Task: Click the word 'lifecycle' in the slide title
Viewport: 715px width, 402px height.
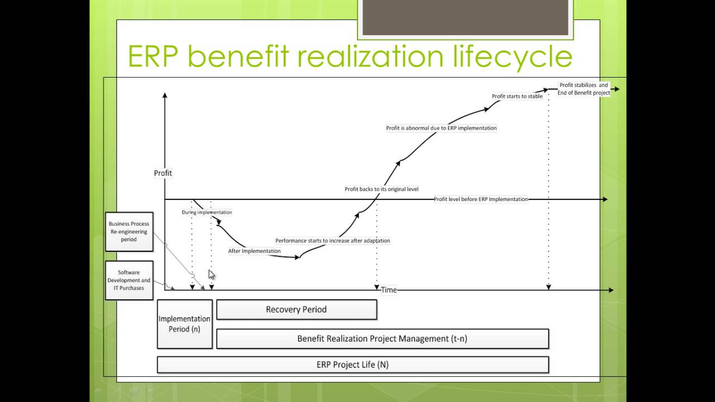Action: (507, 56)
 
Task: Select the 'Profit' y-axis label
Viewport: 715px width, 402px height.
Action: (163, 173)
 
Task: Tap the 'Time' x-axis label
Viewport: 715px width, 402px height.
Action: (389, 290)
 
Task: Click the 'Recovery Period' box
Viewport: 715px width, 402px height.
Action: (296, 309)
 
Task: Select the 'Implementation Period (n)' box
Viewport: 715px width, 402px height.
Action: (184, 324)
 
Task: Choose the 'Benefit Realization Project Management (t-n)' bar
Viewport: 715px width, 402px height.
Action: (382, 338)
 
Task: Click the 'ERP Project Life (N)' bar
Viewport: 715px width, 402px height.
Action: (352, 365)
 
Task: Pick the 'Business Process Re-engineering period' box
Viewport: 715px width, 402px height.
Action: (129, 232)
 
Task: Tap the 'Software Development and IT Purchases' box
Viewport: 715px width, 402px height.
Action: (129, 280)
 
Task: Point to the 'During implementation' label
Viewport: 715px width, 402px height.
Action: (207, 212)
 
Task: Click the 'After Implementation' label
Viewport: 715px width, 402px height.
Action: (254, 251)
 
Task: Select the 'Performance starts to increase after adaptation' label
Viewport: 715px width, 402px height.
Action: (332, 241)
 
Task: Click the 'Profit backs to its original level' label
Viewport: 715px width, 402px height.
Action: (382, 189)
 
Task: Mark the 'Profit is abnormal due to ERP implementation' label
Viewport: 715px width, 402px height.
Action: (441, 128)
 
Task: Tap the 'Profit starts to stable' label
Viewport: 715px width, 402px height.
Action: (517, 96)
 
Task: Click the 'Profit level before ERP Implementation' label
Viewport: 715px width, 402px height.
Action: (480, 199)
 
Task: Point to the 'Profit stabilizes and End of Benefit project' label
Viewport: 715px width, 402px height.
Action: (584, 89)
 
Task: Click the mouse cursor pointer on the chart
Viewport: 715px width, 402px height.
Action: (211, 274)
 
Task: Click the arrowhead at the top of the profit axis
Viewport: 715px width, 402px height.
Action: (165, 96)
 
